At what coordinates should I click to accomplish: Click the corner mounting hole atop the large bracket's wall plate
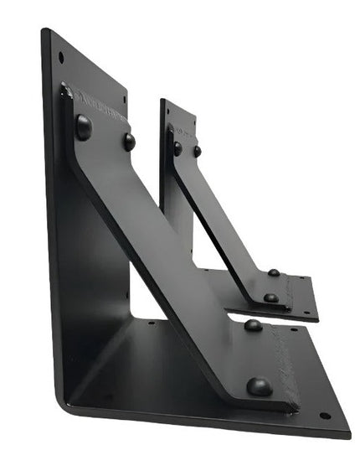61,57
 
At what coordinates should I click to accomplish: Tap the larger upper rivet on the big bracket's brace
84,127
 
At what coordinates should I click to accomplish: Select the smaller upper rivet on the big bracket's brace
129,141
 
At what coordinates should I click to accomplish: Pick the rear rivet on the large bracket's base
253,325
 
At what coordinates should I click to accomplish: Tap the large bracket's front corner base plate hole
325,416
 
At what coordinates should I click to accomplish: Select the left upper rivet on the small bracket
177,148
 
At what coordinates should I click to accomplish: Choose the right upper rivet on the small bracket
198,152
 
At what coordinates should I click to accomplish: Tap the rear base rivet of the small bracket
274,272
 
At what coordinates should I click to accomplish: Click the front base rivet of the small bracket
270,297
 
